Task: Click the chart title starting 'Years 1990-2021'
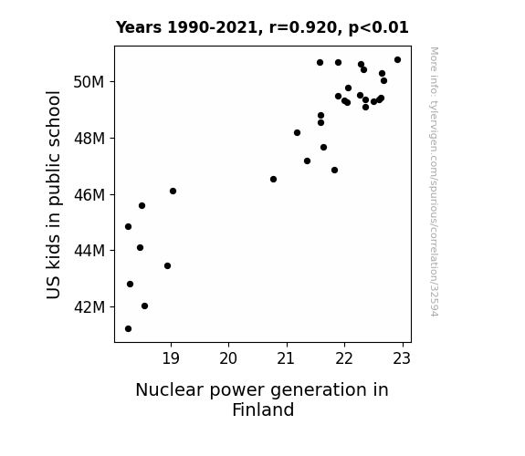click(262, 27)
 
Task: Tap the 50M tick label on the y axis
click(89, 82)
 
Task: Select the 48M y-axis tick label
click(89, 139)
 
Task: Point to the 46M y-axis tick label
click(89, 194)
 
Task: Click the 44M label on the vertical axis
click(89, 250)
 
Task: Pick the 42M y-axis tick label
click(89, 306)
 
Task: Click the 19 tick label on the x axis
click(171, 358)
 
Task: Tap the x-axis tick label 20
click(228, 358)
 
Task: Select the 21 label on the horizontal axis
click(287, 358)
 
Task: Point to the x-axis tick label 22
click(344, 358)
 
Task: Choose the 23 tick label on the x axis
click(402, 358)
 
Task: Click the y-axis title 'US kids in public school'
click(54, 194)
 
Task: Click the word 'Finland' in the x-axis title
click(263, 409)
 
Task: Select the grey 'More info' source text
click(434, 181)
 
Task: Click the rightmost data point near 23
click(397, 60)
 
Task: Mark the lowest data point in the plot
click(128, 329)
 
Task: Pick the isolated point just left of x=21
click(273, 180)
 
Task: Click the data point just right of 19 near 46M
click(173, 191)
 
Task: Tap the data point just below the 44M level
click(167, 266)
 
